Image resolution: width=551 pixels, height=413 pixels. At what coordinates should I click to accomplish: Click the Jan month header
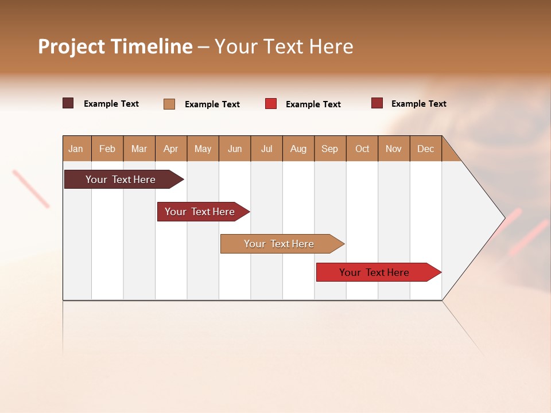point(76,149)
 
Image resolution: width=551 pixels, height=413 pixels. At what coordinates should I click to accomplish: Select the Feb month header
point(107,149)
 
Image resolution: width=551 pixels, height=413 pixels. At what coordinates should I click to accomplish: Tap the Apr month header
point(171,149)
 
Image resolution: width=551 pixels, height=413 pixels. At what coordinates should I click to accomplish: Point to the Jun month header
point(235,149)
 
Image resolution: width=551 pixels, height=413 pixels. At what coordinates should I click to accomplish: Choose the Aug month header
point(298,149)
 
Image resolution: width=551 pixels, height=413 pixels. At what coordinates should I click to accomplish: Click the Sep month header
point(330,149)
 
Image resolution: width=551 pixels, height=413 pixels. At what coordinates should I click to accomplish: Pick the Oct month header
point(362,149)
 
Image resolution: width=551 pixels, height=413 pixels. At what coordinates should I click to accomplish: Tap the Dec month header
point(426,149)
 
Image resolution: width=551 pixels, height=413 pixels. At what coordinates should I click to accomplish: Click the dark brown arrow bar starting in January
point(121,180)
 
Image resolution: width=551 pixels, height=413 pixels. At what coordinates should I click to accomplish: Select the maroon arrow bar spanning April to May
point(200,212)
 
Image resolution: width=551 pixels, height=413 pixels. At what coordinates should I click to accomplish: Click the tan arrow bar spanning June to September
point(280,244)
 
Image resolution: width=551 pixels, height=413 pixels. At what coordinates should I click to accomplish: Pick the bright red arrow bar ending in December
point(375,272)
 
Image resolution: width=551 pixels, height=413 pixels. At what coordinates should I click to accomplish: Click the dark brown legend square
point(68,103)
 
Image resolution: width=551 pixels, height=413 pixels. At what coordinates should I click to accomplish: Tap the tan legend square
point(169,104)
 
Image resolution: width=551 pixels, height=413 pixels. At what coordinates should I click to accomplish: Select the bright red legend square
point(271,104)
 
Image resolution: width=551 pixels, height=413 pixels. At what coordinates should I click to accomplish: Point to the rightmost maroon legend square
point(377,103)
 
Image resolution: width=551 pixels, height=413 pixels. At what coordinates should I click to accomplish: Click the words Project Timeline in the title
point(115,46)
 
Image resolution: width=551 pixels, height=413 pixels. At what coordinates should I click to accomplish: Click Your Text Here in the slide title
point(284,46)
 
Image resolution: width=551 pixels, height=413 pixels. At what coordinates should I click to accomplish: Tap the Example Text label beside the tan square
point(212,104)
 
